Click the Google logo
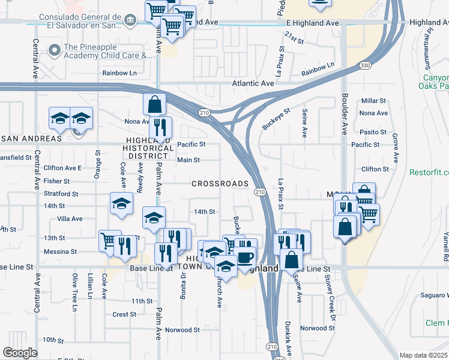pos(20,353)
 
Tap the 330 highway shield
pos(365,65)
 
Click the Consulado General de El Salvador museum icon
pos(130,22)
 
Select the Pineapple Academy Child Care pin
pos(55,51)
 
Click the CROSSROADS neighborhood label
pos(220,184)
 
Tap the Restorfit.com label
pos(429,172)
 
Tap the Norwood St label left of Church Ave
pos(182,330)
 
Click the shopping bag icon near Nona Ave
pos(154,104)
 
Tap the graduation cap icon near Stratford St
pos(121,203)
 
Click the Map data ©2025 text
pos(423,355)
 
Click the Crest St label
pos(124,314)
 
